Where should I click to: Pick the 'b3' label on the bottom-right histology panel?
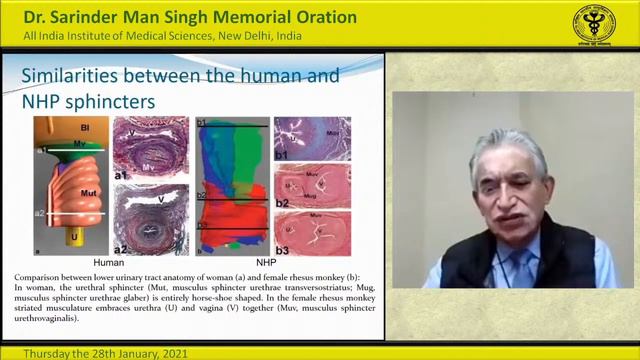click(x=281, y=248)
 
